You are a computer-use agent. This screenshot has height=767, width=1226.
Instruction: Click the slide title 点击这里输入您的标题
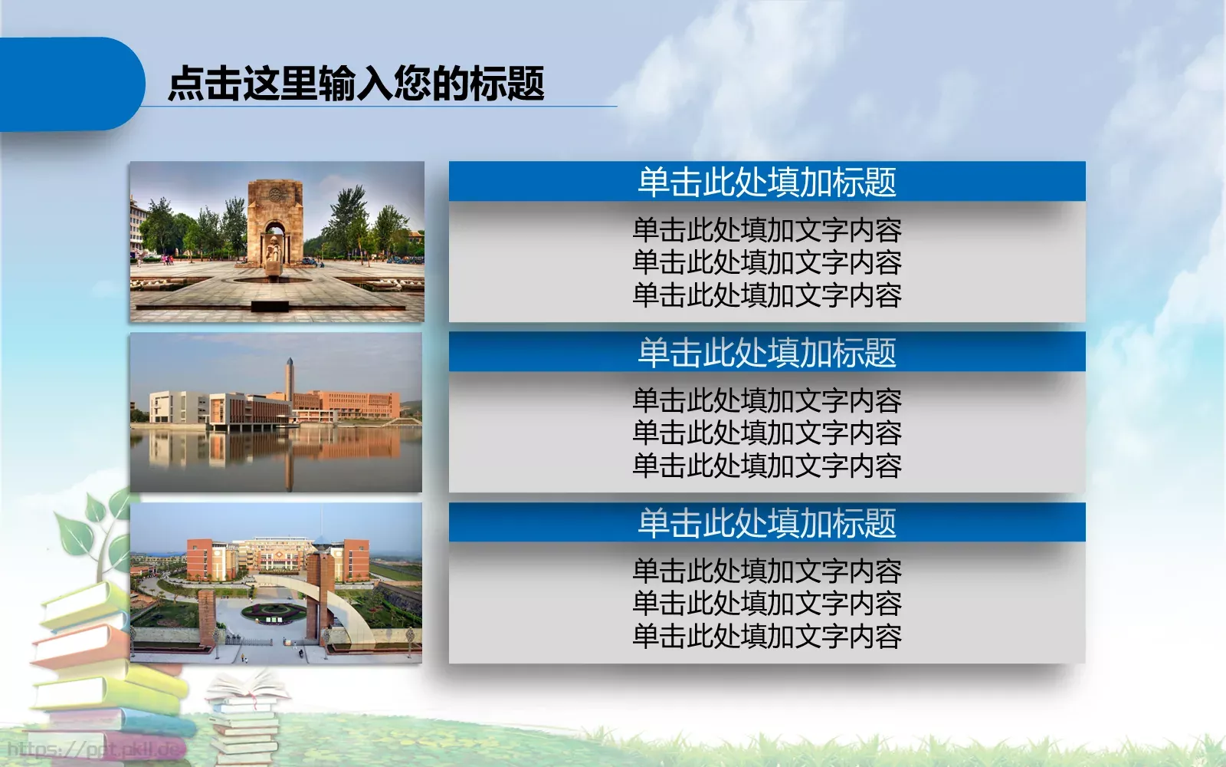coord(356,83)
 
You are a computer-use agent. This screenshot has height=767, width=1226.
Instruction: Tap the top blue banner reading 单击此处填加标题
coord(767,182)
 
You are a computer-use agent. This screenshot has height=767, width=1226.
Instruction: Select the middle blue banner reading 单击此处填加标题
coord(767,352)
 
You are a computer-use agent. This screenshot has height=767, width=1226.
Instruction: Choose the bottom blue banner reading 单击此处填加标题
coord(767,522)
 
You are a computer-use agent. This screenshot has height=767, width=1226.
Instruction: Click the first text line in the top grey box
coord(767,230)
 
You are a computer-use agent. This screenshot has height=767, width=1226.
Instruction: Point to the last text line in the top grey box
coord(767,295)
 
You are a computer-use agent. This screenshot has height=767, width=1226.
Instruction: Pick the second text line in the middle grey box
coord(767,433)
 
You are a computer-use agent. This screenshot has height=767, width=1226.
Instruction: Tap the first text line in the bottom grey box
coord(767,571)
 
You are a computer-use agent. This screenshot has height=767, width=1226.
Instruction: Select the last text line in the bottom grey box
coord(767,636)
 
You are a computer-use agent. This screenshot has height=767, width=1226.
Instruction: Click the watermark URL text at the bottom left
coord(92,749)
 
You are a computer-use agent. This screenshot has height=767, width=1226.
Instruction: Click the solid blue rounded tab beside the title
coord(69,84)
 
